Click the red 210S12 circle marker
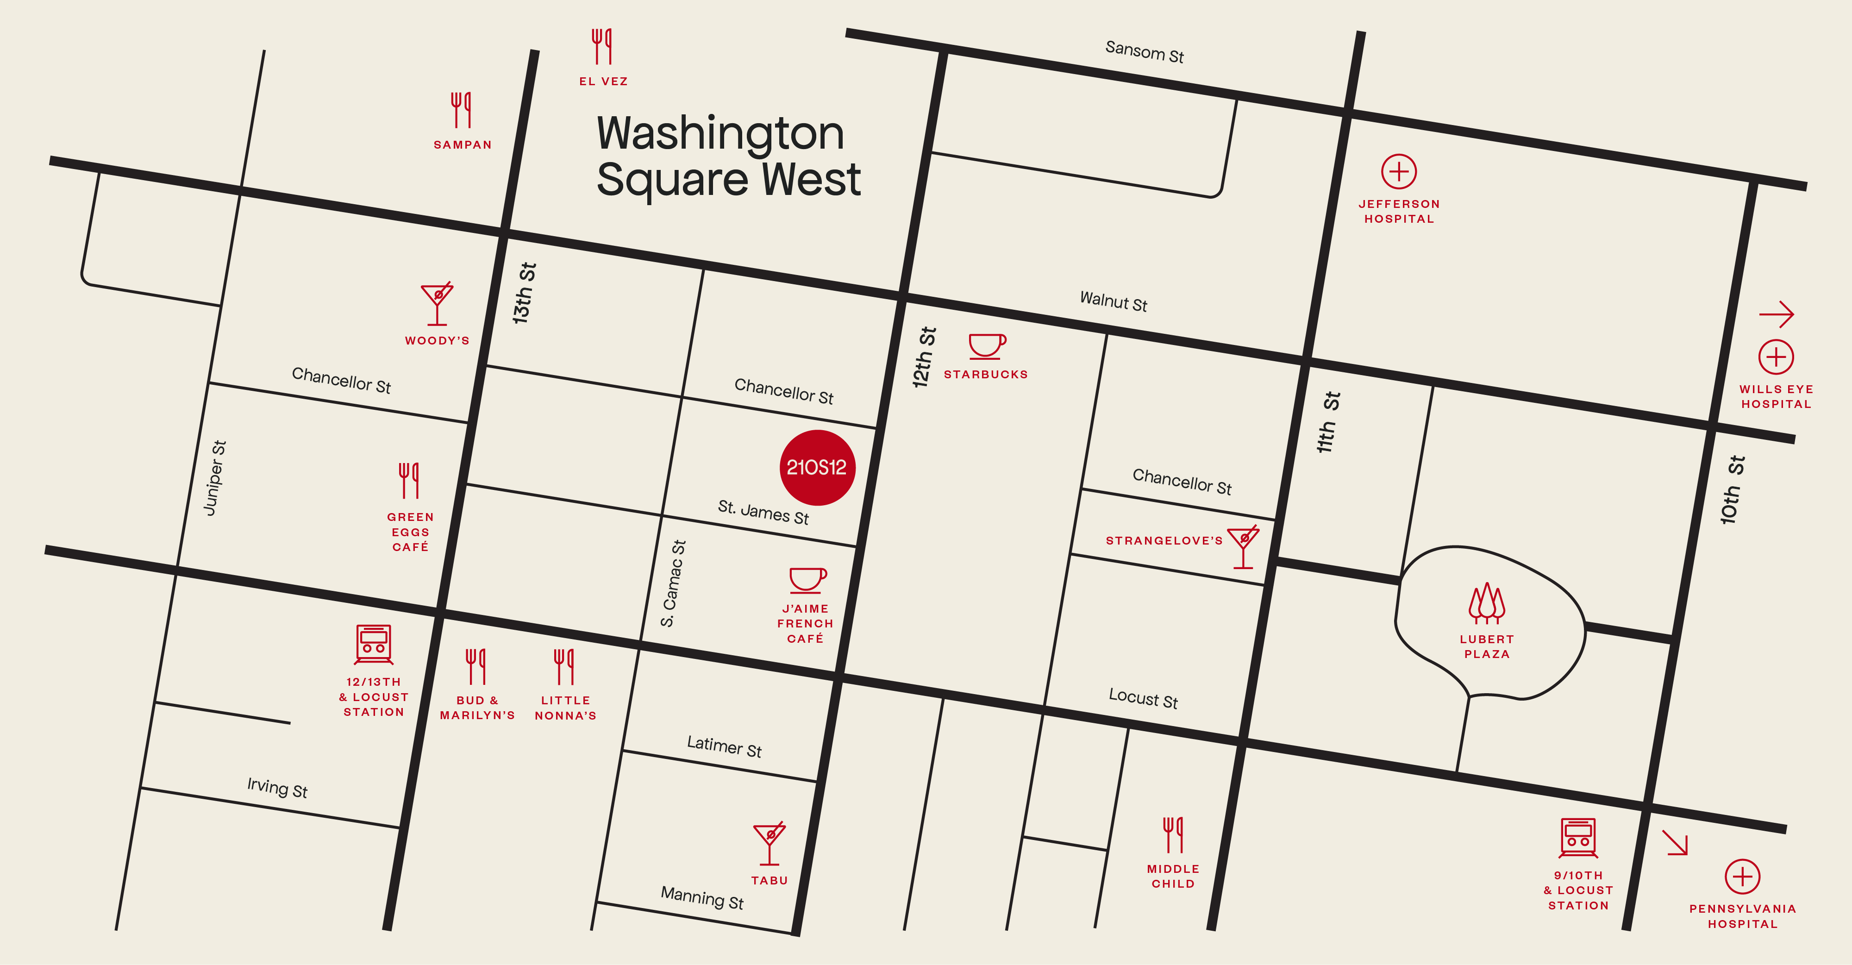(x=818, y=467)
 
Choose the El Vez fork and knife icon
(x=602, y=47)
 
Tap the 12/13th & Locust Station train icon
(x=374, y=644)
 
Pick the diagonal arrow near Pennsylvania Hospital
(x=1675, y=843)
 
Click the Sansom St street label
(x=1144, y=52)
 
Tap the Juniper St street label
(x=215, y=478)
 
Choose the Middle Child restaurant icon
(x=1173, y=835)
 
